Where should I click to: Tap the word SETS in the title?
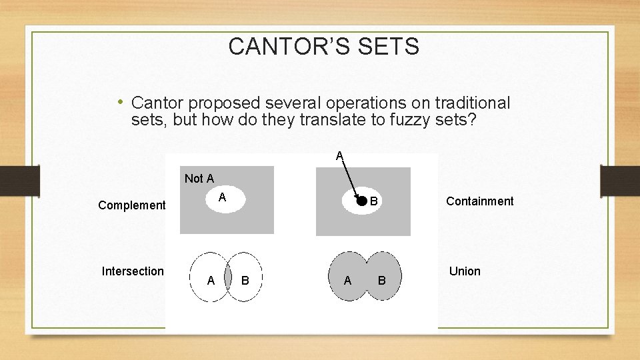pos(392,47)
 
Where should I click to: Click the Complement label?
pos(131,205)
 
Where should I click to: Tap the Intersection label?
pos(133,271)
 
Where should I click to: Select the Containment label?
pos(479,201)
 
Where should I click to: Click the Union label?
pos(465,271)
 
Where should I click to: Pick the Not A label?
pos(199,178)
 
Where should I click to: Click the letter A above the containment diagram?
pos(339,156)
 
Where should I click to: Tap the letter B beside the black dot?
pos(374,201)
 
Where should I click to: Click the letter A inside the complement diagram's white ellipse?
pos(223,197)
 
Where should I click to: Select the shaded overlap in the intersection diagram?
pos(227,277)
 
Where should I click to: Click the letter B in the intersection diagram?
pos(245,281)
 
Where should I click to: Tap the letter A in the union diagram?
pos(347,281)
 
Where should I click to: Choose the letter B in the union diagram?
pos(381,281)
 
